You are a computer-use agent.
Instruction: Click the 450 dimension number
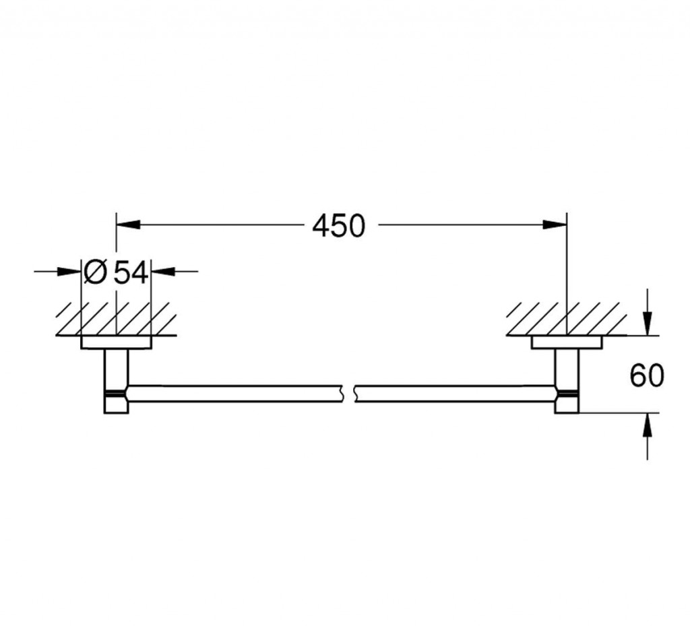point(338,225)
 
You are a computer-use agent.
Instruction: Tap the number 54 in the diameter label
point(130,272)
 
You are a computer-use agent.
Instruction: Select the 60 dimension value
point(646,375)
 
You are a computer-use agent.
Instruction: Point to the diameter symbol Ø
point(95,272)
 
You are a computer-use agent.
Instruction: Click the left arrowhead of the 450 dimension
point(128,224)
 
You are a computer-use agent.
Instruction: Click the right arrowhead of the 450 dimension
point(555,224)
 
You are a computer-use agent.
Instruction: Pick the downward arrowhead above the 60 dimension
point(647,323)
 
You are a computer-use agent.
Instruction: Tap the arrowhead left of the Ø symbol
point(69,271)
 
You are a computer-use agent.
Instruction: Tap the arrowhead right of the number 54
point(163,271)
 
